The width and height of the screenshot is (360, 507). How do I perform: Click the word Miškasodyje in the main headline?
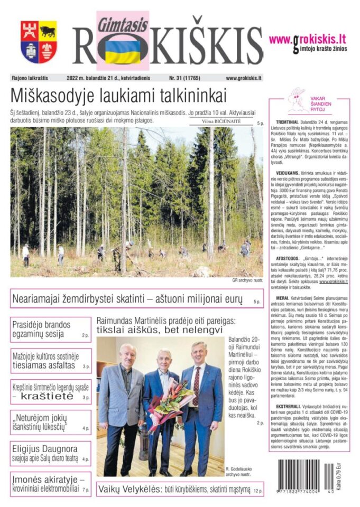(x=51, y=97)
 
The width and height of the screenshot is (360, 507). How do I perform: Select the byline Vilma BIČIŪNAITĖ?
(x=221, y=121)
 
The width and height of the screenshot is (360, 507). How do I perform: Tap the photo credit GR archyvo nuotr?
(x=247, y=280)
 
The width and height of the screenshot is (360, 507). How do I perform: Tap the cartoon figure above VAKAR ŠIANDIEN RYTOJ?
(x=297, y=99)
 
